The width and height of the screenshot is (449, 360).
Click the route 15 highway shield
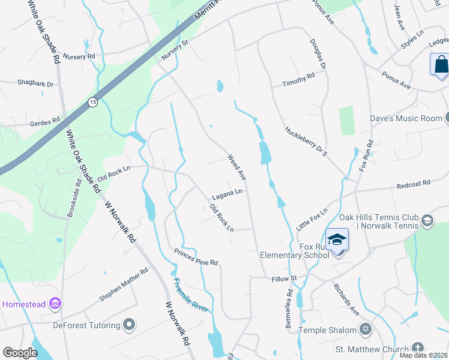coord(92,103)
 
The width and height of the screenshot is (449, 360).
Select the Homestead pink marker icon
coord(55,304)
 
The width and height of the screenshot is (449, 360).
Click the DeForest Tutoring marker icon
coord(129,325)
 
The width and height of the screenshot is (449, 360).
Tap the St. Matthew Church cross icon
coord(418,349)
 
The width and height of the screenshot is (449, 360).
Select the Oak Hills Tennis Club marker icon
coord(427,220)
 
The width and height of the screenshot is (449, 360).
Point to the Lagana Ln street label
coord(227,195)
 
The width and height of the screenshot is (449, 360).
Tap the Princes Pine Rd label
coord(196,257)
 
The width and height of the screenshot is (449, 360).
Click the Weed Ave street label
coord(237,167)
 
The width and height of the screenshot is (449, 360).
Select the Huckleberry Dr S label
coord(306,141)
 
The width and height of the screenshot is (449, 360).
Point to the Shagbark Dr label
coord(35,83)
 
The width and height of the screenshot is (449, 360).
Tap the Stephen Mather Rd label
coord(124,284)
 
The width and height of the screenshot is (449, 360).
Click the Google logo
coord(20,353)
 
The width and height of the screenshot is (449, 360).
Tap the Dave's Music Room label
coord(405,118)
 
